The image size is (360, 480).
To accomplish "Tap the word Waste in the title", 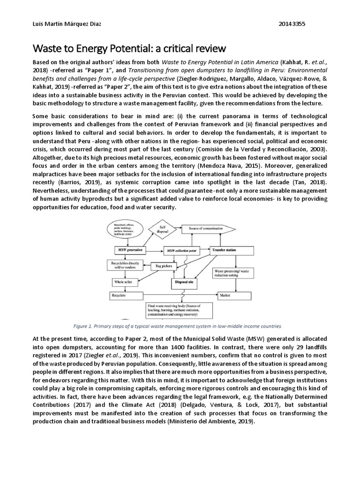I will coord(46,48).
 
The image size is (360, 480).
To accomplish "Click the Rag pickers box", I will coord(165,266).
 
